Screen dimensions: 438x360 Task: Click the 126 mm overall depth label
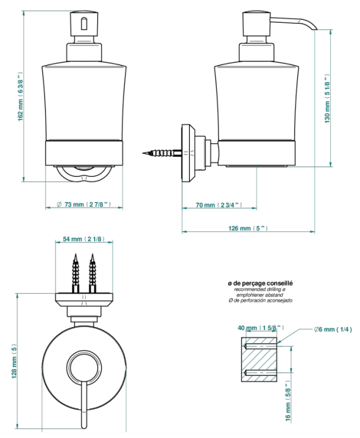pyautogui.click(x=248, y=228)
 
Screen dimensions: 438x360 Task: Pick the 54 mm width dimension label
pyautogui.click(x=84, y=239)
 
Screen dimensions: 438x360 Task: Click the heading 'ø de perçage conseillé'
pyautogui.click(x=260, y=283)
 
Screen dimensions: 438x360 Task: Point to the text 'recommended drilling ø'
pyautogui.click(x=260, y=289)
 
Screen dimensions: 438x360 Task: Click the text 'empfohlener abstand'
pyautogui.click(x=260, y=295)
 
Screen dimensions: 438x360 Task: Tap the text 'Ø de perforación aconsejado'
pyautogui.click(x=260, y=301)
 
